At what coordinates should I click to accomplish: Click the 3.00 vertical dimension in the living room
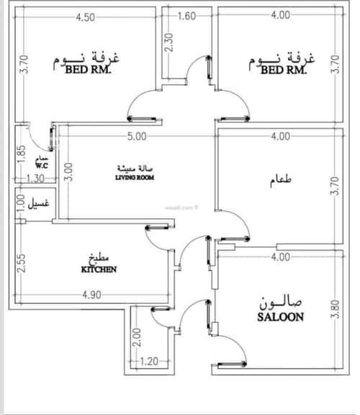point(68,170)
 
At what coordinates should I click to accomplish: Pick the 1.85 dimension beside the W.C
point(22,154)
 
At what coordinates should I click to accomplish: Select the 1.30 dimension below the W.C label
point(35,179)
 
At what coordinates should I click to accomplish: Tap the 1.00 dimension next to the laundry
point(22,200)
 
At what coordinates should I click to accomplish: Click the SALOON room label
point(279,316)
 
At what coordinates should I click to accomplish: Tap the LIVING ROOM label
point(135,177)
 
